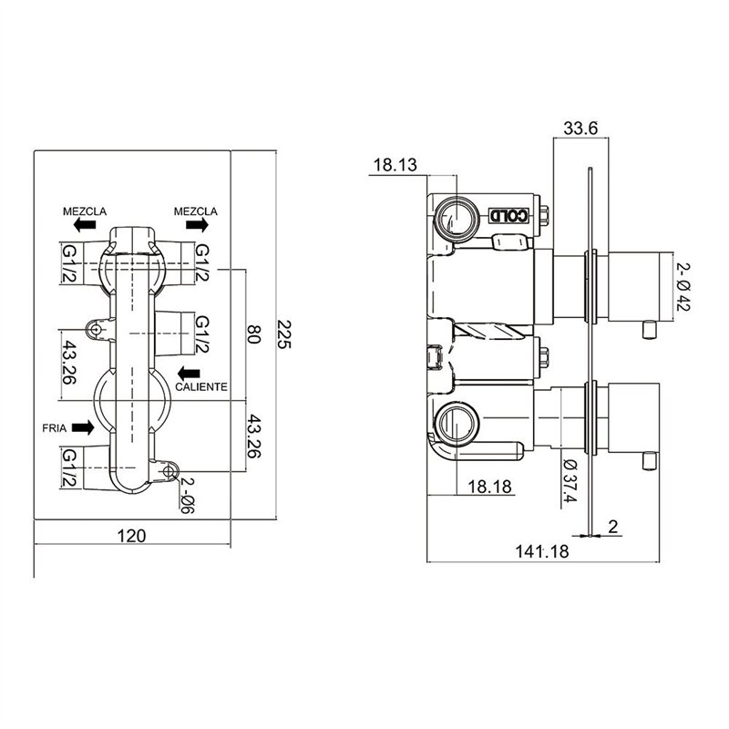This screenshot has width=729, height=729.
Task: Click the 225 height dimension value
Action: pos(284,334)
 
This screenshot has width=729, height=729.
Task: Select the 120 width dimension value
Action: pos(131,536)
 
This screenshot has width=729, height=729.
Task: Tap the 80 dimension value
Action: pos(254,334)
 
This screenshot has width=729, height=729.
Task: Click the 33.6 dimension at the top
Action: pos(580,128)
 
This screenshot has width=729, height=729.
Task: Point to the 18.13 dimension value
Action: pos(395,165)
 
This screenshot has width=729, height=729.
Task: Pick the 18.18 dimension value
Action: pos(489,487)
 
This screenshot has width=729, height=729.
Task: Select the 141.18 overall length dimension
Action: pos(542,551)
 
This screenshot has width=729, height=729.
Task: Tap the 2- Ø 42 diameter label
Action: pos(683,286)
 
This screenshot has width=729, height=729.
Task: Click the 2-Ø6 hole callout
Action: pos(187,496)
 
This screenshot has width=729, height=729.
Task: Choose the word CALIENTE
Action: pos(201,386)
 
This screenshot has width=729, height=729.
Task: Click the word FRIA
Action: pos(55,428)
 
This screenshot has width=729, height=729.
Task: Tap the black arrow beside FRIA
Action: pos(83,427)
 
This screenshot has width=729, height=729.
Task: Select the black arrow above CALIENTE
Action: pos(189,373)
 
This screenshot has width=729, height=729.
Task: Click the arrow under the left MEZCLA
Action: pos(85,225)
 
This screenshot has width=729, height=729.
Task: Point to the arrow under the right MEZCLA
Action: pos(197,225)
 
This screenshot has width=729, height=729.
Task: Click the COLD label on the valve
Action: pos(508,215)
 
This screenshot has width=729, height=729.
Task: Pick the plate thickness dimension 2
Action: pos(612,527)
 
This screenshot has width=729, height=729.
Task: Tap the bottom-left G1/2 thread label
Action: pos(69,467)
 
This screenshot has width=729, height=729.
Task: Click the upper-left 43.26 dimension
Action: pos(69,363)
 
